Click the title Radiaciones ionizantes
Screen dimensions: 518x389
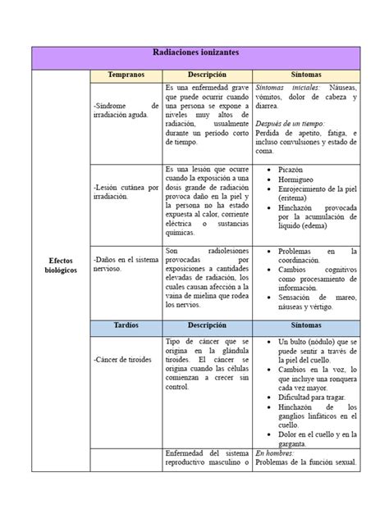[x=194, y=52]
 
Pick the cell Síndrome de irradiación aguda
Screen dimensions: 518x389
[x=126, y=111]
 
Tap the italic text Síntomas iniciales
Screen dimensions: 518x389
[x=284, y=86]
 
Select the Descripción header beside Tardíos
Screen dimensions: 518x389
[x=207, y=325]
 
